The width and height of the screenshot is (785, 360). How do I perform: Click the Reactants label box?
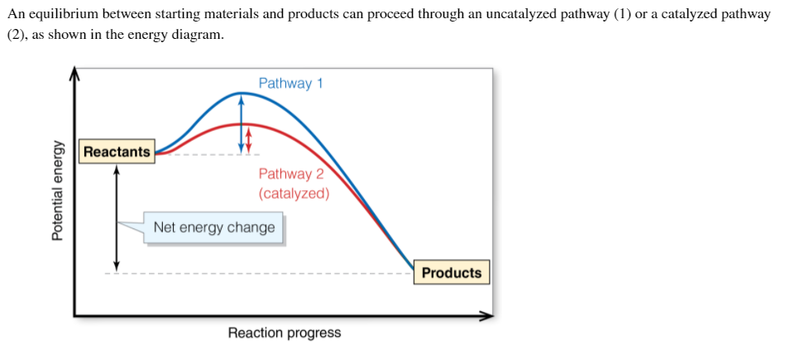[117, 151]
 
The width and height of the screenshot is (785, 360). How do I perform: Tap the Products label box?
[451, 272]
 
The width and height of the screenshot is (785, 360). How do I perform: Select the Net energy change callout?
[213, 227]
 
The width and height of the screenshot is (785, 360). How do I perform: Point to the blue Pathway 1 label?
[290, 83]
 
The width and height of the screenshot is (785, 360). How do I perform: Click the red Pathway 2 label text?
[290, 174]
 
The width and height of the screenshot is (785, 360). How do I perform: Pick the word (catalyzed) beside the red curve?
[294, 194]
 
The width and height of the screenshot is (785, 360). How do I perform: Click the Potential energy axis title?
[57, 190]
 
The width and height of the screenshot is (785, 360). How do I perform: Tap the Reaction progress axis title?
[284, 333]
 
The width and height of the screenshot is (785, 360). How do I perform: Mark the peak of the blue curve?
[241, 93]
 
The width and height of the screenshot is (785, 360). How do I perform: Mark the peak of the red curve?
[247, 124]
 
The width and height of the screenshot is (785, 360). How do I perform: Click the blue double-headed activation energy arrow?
[241, 122]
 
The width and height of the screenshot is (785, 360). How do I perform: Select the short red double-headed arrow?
[248, 138]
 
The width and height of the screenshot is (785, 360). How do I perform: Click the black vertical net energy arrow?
[117, 217]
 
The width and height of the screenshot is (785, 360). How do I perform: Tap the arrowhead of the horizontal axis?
[487, 315]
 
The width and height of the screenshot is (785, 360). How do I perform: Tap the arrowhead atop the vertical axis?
[74, 74]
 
